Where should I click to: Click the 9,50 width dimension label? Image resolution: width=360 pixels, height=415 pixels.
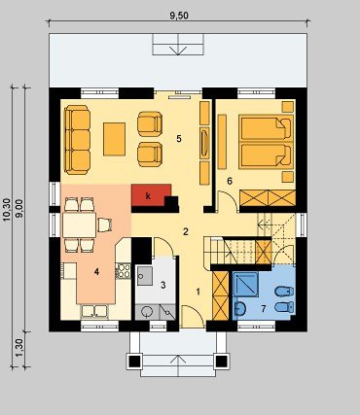click(x=179, y=16)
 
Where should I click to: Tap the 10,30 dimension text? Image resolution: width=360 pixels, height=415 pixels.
click(x=7, y=210)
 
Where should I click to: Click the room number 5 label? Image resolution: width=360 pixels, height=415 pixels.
click(x=179, y=139)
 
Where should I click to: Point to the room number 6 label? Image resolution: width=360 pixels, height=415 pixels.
click(x=230, y=181)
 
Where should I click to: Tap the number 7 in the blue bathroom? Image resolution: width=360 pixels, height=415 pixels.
click(x=264, y=309)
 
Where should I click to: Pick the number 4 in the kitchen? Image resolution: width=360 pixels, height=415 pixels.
click(x=96, y=272)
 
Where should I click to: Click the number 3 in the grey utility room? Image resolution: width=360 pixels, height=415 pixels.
click(x=163, y=285)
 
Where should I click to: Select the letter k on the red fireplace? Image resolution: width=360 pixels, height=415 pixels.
click(x=148, y=196)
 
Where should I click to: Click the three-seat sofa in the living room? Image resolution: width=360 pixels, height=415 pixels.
click(x=77, y=140)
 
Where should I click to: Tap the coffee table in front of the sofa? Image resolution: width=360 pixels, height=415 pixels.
click(x=114, y=139)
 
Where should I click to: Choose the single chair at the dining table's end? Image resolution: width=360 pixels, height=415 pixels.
click(x=105, y=225)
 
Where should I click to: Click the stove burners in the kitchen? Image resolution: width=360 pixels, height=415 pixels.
click(x=123, y=271)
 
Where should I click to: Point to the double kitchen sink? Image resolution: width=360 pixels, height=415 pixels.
click(x=94, y=311)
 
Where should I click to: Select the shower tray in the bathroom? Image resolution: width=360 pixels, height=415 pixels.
click(x=245, y=284)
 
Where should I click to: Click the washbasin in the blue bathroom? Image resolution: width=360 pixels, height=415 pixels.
click(x=240, y=308)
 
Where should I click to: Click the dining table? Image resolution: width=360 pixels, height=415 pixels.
click(x=80, y=225)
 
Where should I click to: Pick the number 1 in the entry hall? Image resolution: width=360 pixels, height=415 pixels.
click(x=198, y=292)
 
